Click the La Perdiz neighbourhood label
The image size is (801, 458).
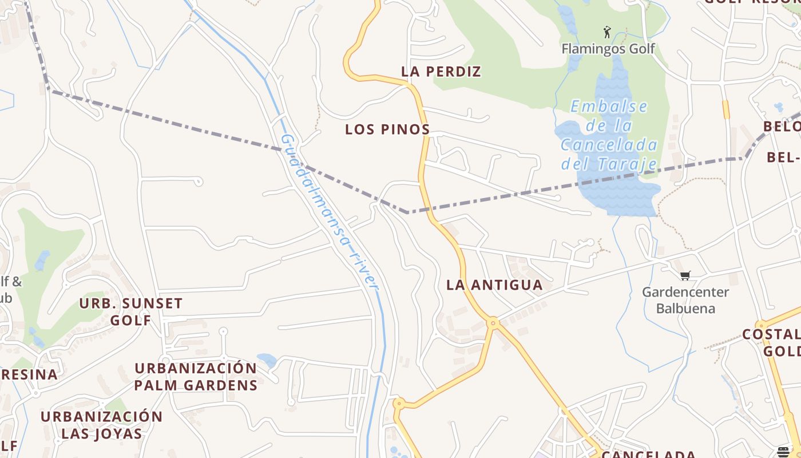[x=441, y=72]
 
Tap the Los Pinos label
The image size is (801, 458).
[x=387, y=129]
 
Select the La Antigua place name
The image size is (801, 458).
[x=494, y=285]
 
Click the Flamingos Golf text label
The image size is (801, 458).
[x=608, y=49]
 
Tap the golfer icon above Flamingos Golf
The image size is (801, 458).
[x=607, y=32]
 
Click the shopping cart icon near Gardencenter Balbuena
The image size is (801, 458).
[x=685, y=275]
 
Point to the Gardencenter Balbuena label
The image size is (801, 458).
[x=685, y=300]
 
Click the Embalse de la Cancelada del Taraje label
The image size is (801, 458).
[x=609, y=135]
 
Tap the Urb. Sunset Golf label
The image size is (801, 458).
[x=130, y=311]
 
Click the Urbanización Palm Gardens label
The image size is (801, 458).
[x=196, y=376]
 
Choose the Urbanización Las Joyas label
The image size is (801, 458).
[x=101, y=424]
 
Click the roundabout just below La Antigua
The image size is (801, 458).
[x=493, y=323]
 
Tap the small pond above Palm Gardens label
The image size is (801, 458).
[x=267, y=360]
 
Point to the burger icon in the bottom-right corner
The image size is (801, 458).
[x=783, y=452]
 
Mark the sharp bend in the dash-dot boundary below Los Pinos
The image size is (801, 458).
[x=407, y=212]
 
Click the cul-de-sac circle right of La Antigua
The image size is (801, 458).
[x=590, y=243]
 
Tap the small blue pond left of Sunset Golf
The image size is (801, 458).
[x=41, y=260]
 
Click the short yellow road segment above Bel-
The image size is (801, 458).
[x=726, y=109]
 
